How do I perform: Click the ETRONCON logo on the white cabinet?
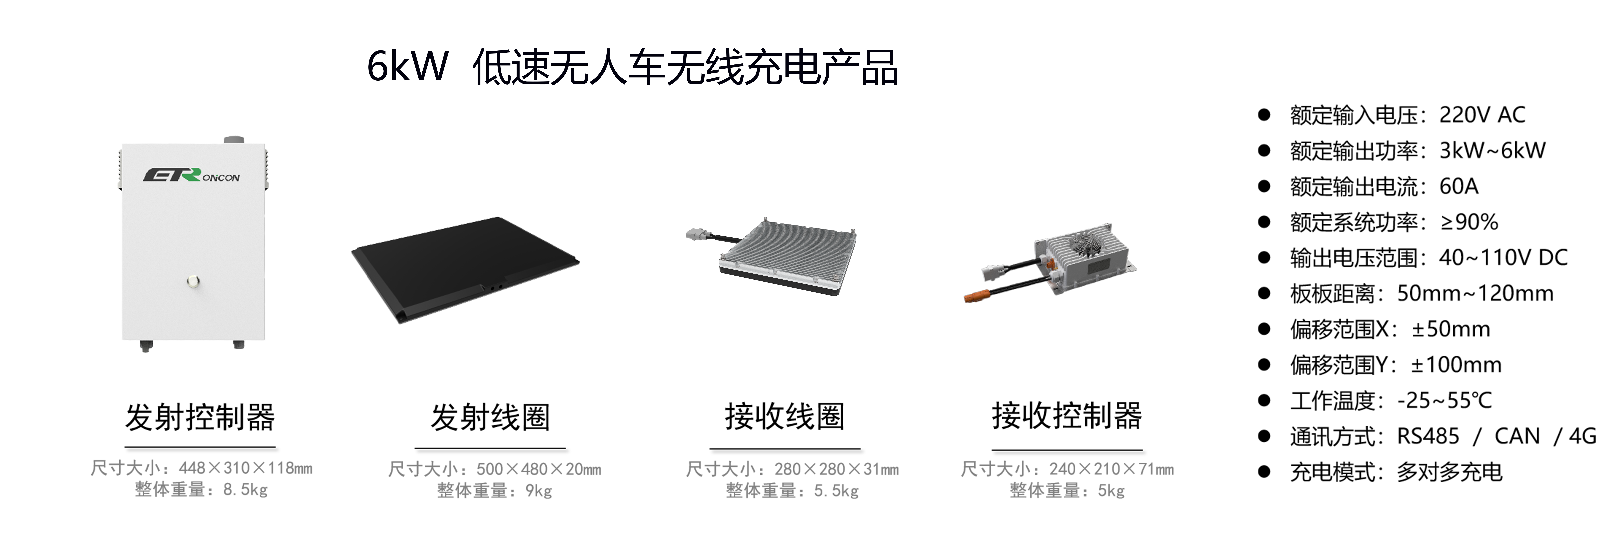191,175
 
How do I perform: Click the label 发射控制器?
200,417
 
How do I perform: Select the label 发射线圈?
491,417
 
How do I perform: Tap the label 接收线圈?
785,416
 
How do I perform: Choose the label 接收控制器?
1067,415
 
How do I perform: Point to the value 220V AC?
1482,115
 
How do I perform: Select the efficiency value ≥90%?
1469,222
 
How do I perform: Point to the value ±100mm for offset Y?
1456,365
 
